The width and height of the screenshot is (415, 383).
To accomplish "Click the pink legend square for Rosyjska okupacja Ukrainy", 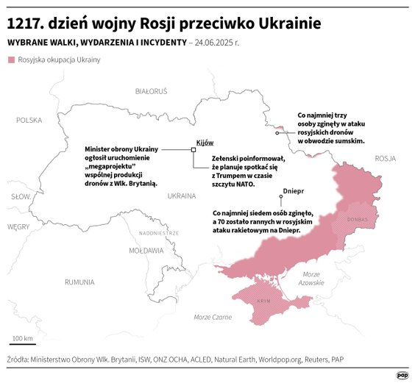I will coord(10,60).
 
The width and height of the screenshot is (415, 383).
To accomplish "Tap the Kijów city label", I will coord(204,142).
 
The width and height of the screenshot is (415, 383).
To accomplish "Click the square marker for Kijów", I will coord(194,149).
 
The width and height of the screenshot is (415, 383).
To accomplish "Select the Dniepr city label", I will coord(293,191).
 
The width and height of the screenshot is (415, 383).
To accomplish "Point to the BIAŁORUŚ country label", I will coord(152,91).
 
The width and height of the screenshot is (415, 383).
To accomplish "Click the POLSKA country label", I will coord(29,120).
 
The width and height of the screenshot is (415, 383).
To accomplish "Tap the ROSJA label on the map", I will coord(385,158).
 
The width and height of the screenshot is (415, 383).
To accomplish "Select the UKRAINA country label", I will coord(182,196).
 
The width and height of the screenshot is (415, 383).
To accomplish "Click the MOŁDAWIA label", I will coord(146,251).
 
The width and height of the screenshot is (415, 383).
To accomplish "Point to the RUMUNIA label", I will coord(79,282).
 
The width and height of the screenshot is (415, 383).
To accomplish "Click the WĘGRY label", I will coord(18,227).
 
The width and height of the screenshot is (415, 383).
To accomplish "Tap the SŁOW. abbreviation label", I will coord(20,197).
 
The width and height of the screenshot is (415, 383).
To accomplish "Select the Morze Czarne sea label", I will coord(213,317).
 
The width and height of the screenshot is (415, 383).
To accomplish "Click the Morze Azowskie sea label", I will coord(312,278).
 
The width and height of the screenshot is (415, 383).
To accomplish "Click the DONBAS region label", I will coord(357,220).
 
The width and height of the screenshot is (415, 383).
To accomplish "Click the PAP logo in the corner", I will coord(402,374).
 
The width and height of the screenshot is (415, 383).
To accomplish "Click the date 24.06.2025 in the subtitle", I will coord(216,43).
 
